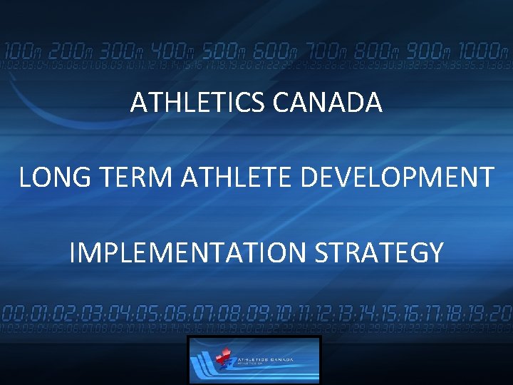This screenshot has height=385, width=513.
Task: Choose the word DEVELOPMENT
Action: coord(397,178)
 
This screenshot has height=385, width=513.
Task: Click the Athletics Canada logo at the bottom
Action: coord(254,360)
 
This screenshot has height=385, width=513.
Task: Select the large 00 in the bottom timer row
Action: coord(12,314)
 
